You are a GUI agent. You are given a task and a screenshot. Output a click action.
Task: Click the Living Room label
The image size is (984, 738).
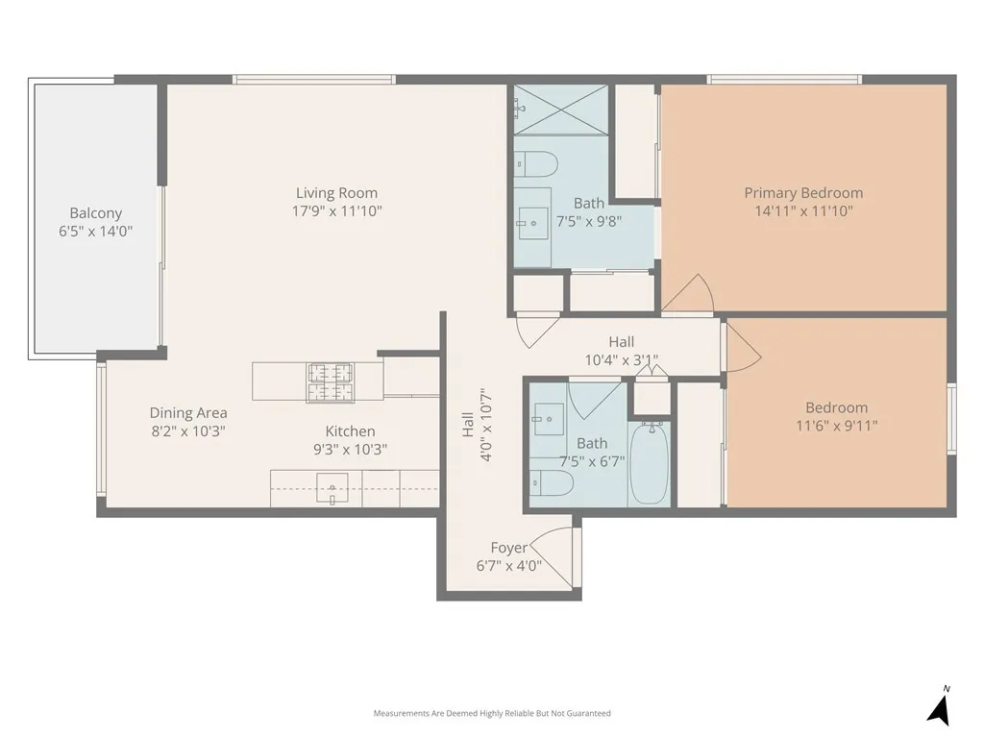point(336,193)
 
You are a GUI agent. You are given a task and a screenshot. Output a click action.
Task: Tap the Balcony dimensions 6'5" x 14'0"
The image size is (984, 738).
point(95,232)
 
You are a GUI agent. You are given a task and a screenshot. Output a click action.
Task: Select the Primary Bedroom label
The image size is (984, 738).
point(803,193)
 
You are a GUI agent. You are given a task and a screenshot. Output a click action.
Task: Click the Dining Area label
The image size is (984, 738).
point(188,413)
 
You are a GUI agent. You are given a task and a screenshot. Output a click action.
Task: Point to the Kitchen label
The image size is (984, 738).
point(350,431)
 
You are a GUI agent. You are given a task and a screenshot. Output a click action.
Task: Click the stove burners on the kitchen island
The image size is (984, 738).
point(331,382)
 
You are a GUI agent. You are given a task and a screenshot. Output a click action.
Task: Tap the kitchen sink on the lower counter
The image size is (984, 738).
point(332,493)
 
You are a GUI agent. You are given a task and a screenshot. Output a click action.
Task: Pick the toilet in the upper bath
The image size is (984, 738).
point(535,164)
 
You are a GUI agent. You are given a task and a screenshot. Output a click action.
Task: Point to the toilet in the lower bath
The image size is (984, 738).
point(552,483)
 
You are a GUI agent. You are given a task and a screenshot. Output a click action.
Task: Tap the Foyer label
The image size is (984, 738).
point(508,548)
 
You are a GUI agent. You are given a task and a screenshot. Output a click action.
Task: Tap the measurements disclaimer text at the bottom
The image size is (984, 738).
point(492,713)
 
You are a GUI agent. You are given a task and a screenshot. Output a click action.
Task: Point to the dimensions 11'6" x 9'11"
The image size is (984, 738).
point(836,426)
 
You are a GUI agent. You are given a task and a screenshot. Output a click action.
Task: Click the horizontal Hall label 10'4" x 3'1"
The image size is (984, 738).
point(621,351)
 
